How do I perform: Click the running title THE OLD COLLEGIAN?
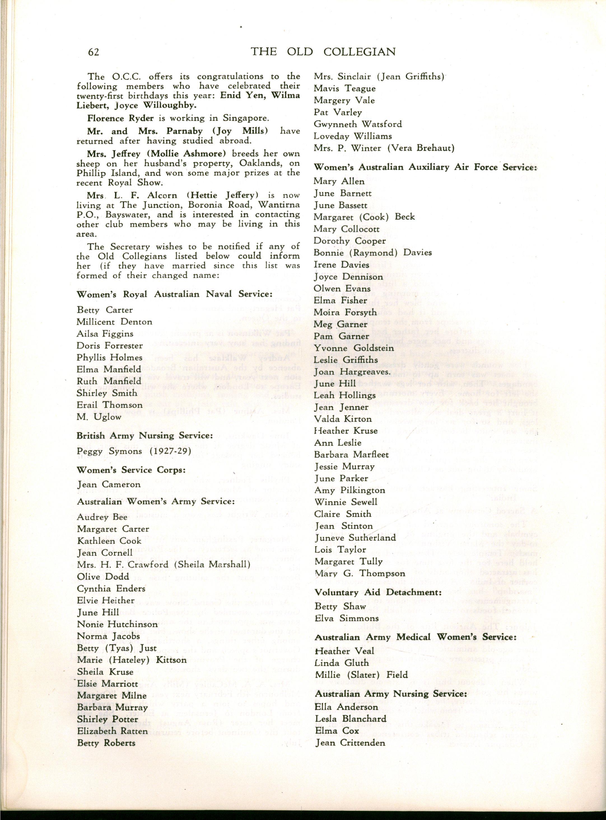(323, 52)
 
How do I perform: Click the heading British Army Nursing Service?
(144, 436)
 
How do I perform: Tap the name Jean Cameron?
(109, 484)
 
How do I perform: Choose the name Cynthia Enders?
(111, 589)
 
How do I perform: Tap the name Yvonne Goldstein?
(353, 348)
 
